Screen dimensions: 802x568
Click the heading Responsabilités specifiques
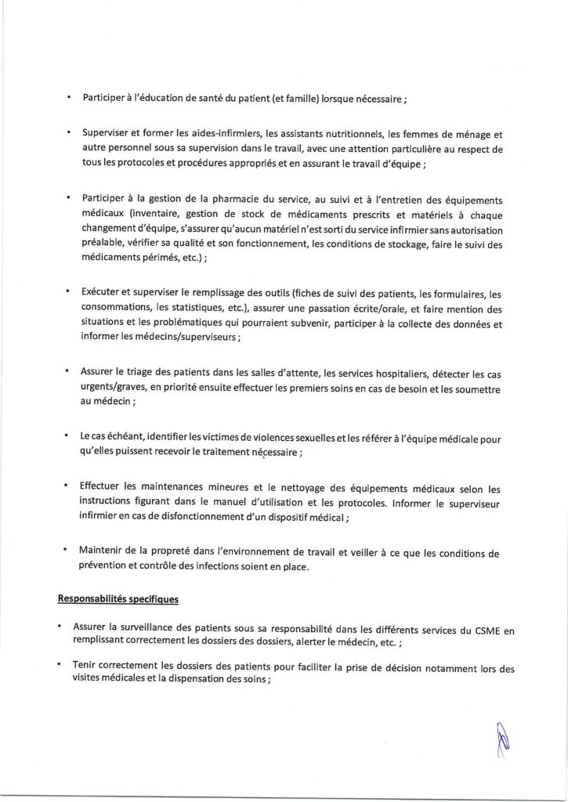coord(118,601)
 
